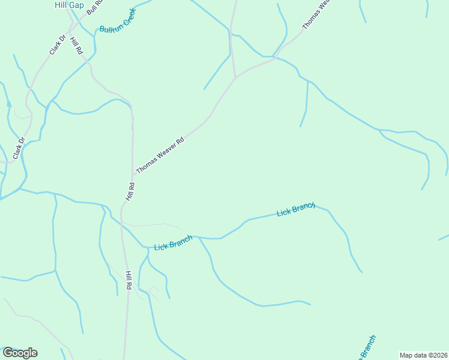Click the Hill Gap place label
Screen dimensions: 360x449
pyautogui.click(x=68, y=5)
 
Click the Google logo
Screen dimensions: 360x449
pyautogui.click(x=20, y=353)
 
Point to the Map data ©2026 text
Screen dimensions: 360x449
pyautogui.click(x=423, y=355)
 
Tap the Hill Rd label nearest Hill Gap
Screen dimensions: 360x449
pyautogui.click(x=76, y=46)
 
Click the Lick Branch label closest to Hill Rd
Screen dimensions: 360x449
pyautogui.click(x=173, y=243)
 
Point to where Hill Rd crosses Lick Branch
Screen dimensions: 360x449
pyautogui.click(x=122, y=227)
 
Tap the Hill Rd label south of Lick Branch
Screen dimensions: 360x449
pyautogui.click(x=128, y=281)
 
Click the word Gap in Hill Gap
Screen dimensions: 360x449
pyautogui.click(x=76, y=5)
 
